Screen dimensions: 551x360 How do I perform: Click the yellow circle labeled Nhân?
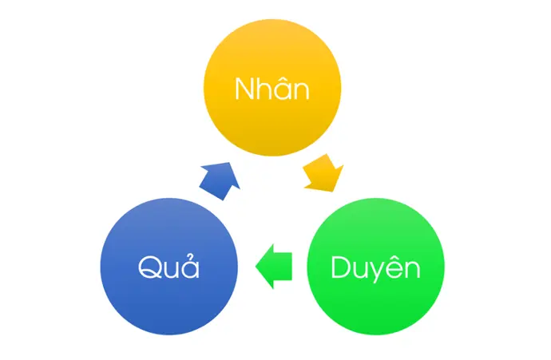point(272,88)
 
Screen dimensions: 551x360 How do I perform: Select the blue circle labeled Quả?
point(169,267)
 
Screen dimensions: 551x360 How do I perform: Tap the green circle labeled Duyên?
point(375,267)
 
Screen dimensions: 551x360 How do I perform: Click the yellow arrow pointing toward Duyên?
point(323,172)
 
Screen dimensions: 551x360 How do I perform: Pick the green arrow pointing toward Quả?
point(274,267)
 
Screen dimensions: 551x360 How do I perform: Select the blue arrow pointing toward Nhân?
point(220,181)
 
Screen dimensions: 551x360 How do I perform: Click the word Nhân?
point(272,88)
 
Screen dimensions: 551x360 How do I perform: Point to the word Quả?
point(168,267)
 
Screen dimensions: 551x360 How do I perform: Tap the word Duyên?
point(375,268)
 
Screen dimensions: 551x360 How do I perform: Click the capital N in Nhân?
point(244,89)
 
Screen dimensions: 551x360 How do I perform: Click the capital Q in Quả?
point(149,267)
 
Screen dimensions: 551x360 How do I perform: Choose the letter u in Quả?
point(171,270)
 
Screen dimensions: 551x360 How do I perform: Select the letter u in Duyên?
point(359,271)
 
